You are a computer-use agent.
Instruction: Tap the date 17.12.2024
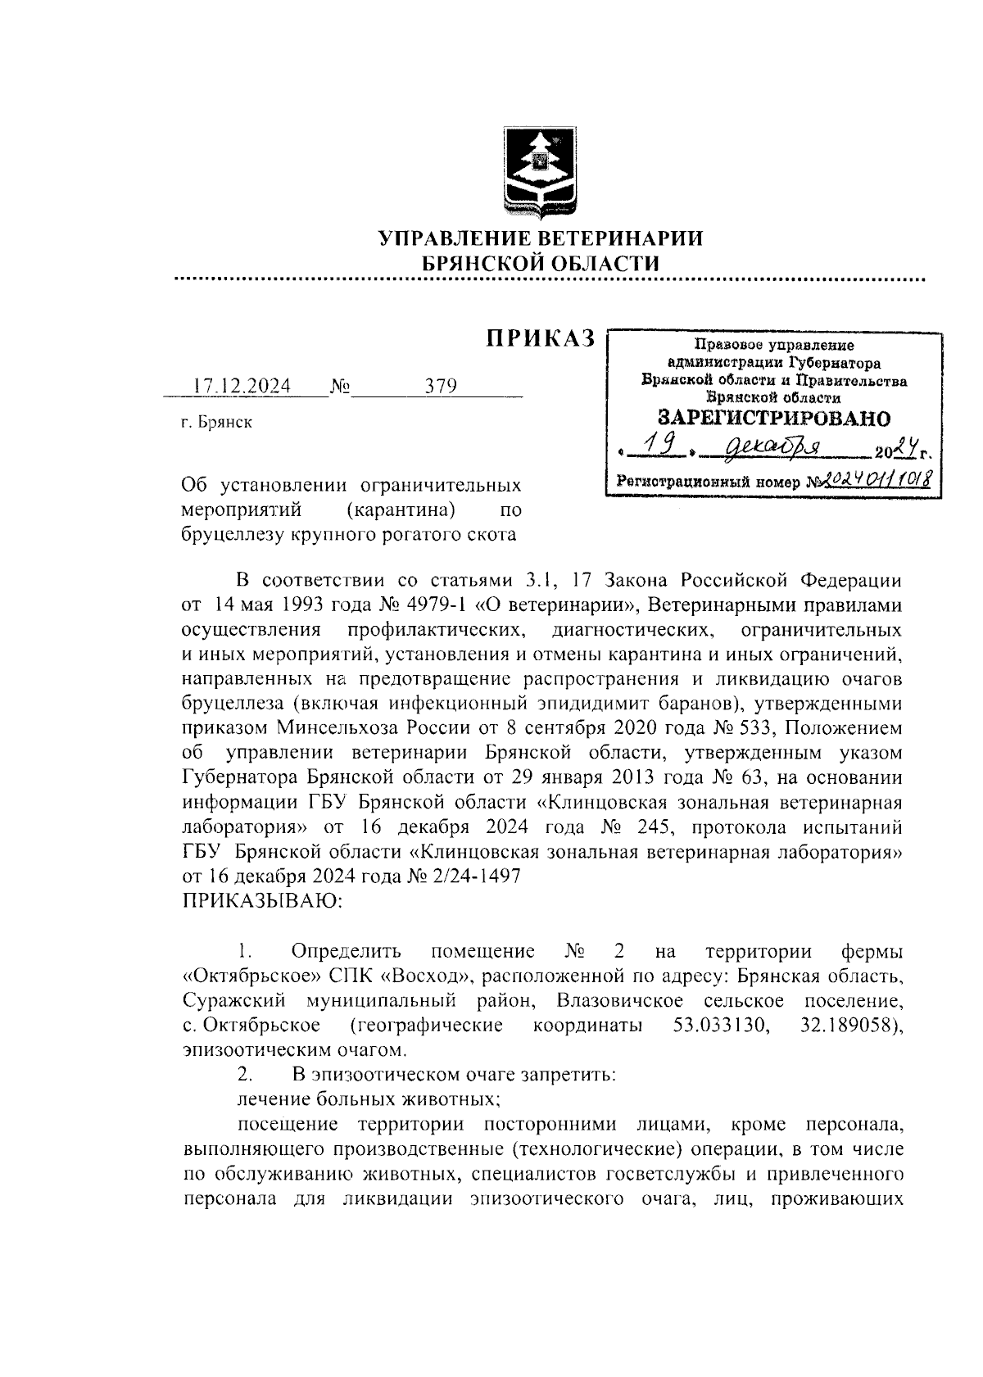coord(242,387)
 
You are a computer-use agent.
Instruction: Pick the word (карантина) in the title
coord(401,511)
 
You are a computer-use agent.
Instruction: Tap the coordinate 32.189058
coord(850,1026)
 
